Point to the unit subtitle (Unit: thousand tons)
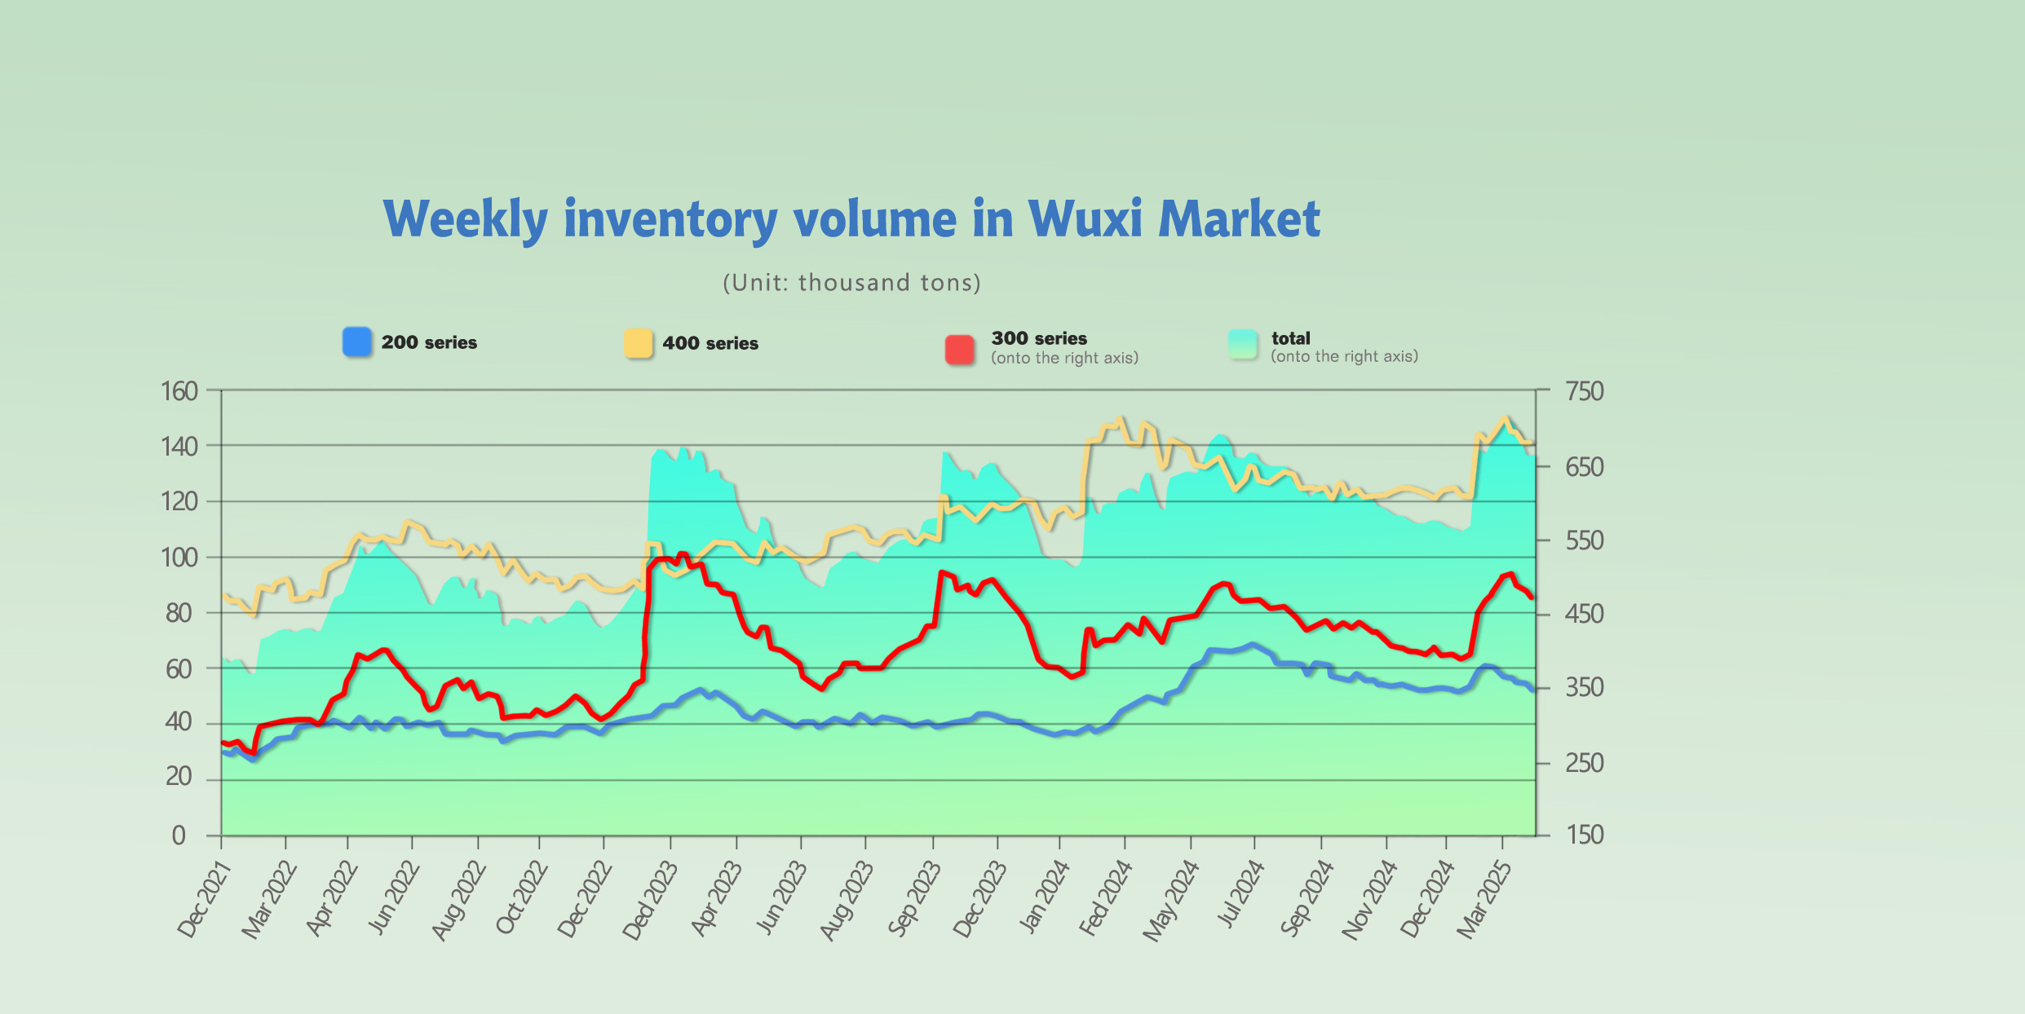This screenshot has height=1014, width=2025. [851, 283]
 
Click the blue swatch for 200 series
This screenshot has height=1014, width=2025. [357, 342]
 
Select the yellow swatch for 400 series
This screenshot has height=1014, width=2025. [639, 343]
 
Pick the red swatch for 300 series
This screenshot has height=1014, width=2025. [960, 350]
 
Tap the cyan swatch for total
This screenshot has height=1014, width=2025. [1243, 345]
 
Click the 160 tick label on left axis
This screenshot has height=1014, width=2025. [179, 391]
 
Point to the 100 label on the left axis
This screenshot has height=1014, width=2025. [179, 558]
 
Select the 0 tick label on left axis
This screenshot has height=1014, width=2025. [179, 835]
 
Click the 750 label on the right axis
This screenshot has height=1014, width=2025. [1584, 391]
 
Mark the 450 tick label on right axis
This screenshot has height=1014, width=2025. [1584, 613]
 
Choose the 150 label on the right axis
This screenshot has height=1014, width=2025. [1584, 835]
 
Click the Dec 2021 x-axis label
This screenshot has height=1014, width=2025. [205, 899]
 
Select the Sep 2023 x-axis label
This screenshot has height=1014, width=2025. [914, 899]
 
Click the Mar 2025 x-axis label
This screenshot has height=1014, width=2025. [1485, 899]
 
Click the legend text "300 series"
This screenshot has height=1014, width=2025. [1039, 338]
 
